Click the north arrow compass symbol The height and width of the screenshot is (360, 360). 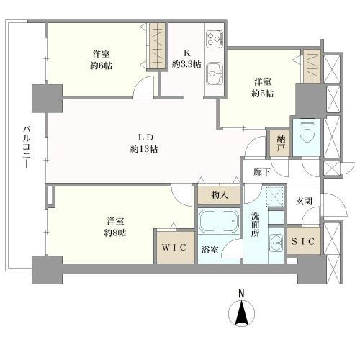[243, 315]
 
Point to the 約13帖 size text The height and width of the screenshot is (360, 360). [144, 149]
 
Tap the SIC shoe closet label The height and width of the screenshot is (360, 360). [304, 242]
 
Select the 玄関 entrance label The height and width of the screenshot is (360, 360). [304, 201]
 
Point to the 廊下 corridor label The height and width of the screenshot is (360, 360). [263, 172]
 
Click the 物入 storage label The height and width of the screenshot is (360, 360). [220, 195]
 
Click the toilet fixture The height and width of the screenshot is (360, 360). [306, 132]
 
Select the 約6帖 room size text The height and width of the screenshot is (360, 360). [100, 65]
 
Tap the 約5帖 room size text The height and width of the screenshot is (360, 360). [261, 94]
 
